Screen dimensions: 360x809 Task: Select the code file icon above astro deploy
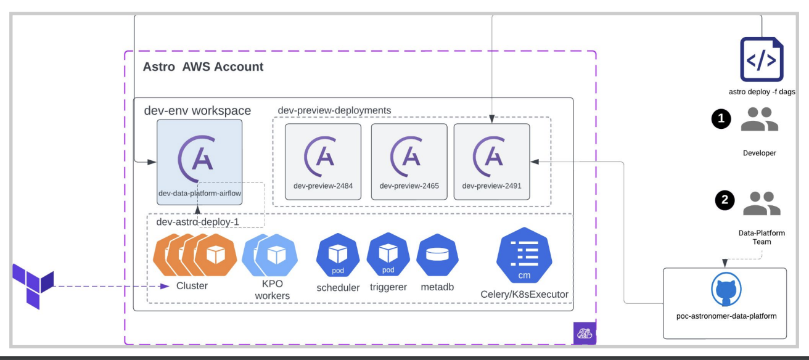762,59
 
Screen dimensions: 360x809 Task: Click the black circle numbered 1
721,118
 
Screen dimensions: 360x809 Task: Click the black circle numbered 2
725,200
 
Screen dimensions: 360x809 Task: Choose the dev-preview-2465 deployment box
409,162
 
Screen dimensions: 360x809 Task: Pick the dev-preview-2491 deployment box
491,162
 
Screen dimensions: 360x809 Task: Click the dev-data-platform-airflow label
200,193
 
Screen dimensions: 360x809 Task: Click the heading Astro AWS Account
203,67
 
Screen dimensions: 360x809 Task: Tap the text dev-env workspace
197,111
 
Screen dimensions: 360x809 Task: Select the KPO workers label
271,290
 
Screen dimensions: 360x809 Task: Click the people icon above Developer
759,119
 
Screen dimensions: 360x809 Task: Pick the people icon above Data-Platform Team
762,203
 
